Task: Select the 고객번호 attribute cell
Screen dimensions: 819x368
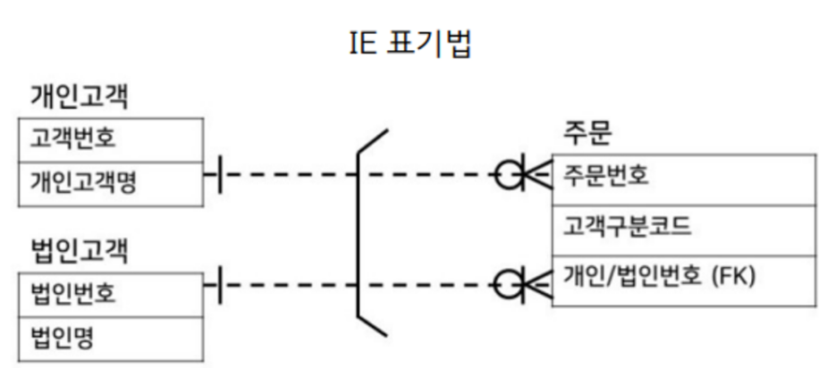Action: [108, 140]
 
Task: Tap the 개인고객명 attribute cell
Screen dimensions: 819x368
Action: [108, 184]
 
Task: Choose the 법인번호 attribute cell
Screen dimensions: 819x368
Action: [108, 292]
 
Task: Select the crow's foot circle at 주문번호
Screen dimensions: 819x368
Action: [508, 174]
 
